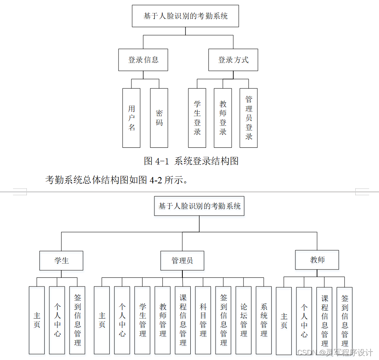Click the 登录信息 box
pos(143,60)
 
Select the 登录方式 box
pos(233,60)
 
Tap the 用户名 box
pos(131,118)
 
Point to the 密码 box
pos(159,118)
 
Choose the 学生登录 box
pos(197,118)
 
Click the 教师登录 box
pos(223,118)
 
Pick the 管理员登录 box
pos(249,118)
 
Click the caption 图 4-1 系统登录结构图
pos(191,161)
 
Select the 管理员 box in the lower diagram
pos(182,261)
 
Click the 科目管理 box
pos(203,320)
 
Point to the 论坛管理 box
pos(244,320)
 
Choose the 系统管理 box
pos(264,320)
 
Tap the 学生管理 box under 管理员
pos(142,320)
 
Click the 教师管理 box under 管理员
pos(163,320)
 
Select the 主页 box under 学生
pos(37,320)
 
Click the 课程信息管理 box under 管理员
pos(183,320)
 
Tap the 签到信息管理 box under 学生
pos(77,320)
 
